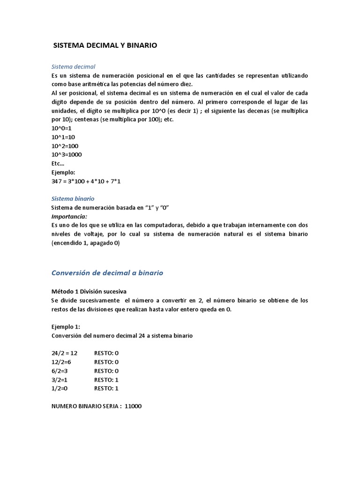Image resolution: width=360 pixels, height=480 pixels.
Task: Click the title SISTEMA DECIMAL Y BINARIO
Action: (105, 45)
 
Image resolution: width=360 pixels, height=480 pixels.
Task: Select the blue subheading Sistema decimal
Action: (73, 67)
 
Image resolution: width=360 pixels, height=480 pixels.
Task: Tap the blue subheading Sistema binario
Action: (73, 199)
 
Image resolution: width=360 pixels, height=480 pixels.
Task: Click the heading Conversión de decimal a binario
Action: (107, 273)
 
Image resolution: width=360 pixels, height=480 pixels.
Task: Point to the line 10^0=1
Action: (61, 128)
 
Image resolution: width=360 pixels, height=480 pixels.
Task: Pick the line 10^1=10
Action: (63, 137)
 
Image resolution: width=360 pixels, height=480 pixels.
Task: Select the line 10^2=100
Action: (65, 146)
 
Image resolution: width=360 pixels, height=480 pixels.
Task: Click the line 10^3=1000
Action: (67, 155)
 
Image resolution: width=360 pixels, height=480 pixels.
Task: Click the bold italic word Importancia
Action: (69, 216)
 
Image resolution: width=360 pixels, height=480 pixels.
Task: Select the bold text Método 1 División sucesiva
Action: (89, 291)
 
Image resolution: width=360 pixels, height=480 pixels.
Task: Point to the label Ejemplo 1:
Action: (66, 327)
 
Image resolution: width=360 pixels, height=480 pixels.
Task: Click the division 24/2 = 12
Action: (64, 353)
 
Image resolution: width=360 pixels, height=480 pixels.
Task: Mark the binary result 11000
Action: (133, 406)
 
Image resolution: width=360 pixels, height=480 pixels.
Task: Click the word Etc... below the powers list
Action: (58, 164)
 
